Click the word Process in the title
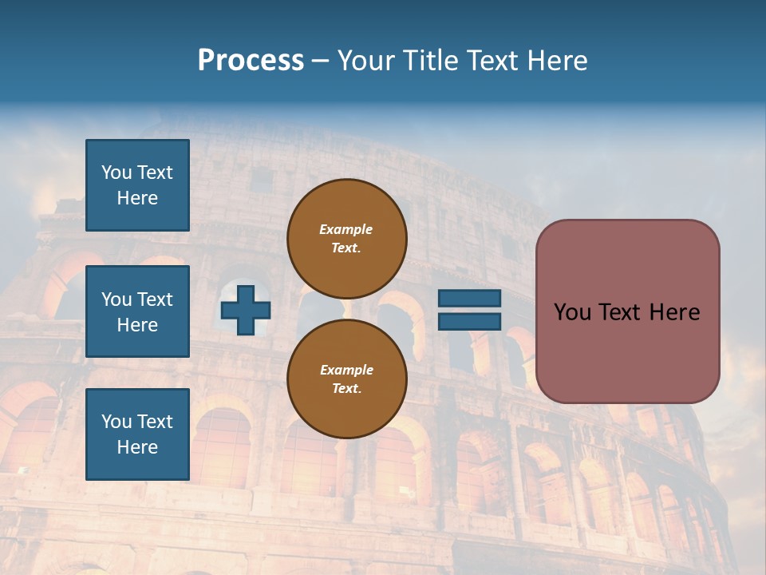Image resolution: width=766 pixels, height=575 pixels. [x=251, y=61]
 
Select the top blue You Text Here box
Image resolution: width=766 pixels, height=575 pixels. [x=137, y=185]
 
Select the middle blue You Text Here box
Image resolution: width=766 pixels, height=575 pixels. [x=137, y=311]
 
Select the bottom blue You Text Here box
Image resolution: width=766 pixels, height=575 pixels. [x=137, y=434]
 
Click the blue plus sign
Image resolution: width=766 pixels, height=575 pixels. [x=246, y=311]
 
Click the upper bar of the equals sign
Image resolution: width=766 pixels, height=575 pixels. [x=469, y=299]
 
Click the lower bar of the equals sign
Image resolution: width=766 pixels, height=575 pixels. [x=469, y=321]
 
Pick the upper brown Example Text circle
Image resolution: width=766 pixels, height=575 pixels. [x=346, y=238]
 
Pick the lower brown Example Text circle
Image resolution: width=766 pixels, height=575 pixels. [x=346, y=379]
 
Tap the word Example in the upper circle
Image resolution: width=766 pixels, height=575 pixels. [x=346, y=229]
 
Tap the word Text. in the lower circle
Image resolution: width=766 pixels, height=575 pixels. [x=346, y=388]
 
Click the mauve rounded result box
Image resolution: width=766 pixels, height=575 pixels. [x=627, y=311]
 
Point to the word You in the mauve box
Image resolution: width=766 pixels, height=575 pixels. [x=571, y=312]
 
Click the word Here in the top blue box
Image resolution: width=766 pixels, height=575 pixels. [x=137, y=198]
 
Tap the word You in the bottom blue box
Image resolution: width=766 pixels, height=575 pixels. [x=116, y=422]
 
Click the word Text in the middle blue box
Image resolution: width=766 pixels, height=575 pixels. [x=155, y=299]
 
